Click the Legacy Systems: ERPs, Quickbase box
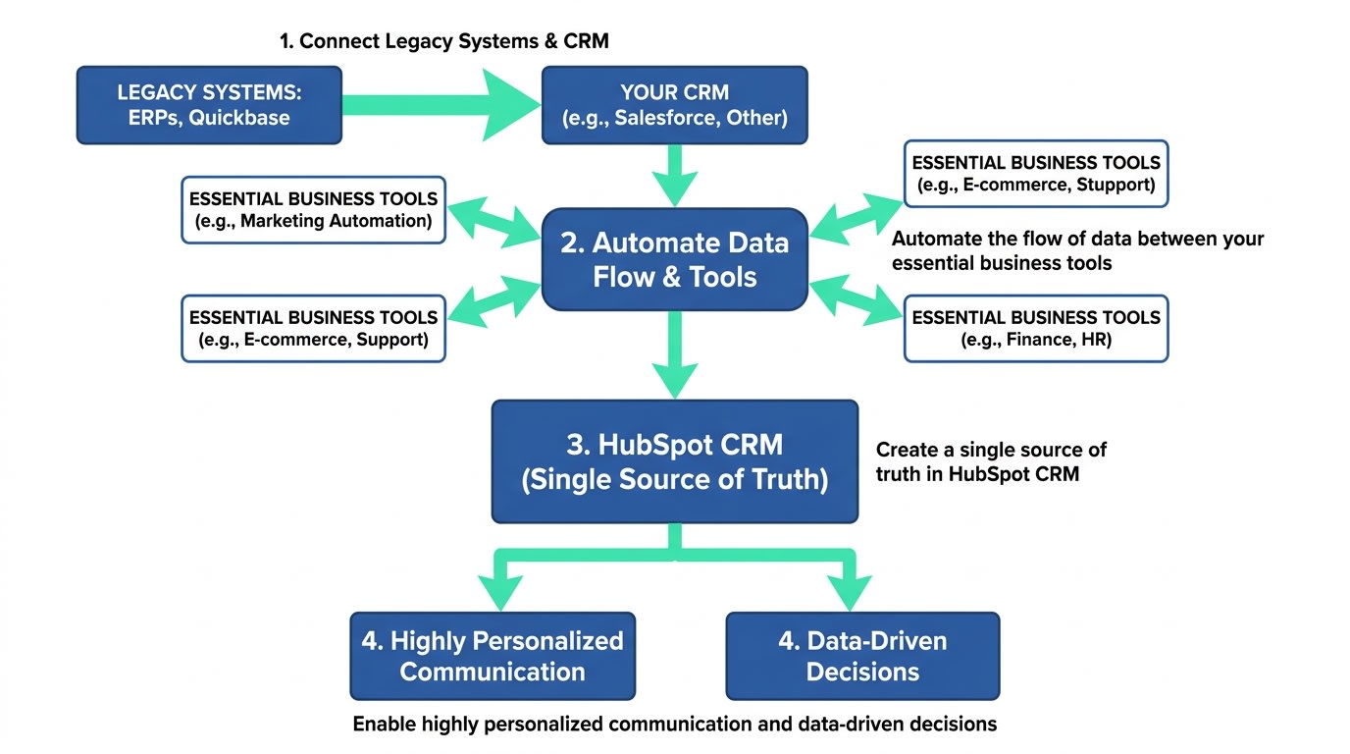[x=209, y=105]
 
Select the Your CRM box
[x=674, y=105]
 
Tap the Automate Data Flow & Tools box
[x=674, y=259]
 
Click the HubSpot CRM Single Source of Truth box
[x=674, y=461]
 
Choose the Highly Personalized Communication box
[x=493, y=656]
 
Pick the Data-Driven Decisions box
[x=862, y=656]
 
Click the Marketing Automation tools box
[x=313, y=209]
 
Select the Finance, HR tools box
[x=1035, y=329]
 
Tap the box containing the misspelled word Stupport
[x=1035, y=174]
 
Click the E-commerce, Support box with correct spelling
[x=313, y=329]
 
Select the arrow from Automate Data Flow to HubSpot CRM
[x=674, y=355]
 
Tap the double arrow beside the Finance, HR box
[x=855, y=298]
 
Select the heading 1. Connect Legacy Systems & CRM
[x=443, y=41]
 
